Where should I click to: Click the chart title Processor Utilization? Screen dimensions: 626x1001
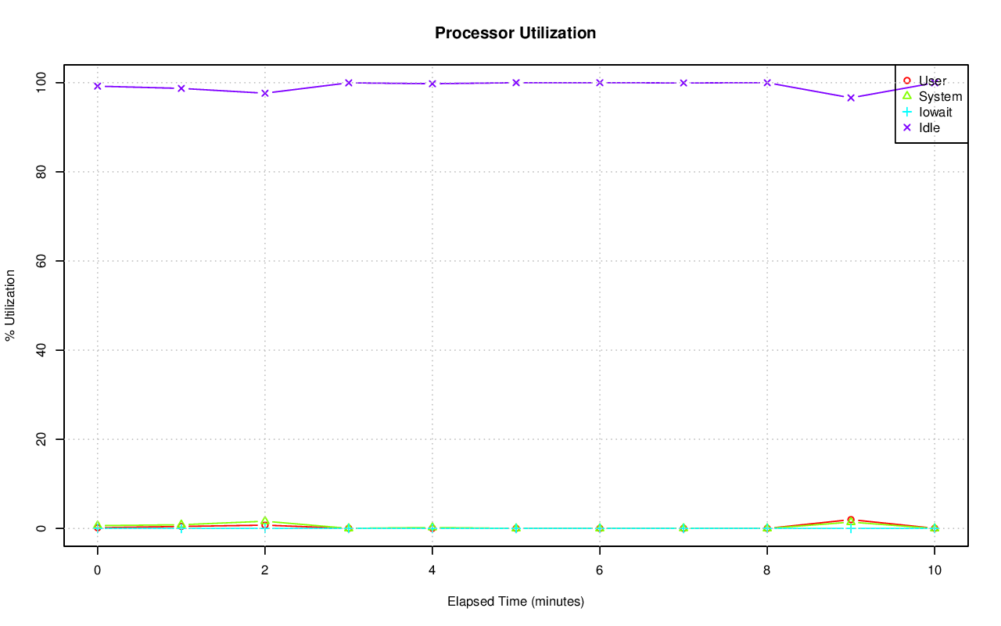(x=515, y=34)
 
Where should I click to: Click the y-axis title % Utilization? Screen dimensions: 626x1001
(x=10, y=305)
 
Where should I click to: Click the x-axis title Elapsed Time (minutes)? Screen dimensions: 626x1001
(x=515, y=602)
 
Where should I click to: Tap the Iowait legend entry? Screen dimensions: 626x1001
(x=935, y=112)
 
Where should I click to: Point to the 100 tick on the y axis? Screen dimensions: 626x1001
(x=44, y=82)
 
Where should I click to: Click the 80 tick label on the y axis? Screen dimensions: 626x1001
(x=44, y=171)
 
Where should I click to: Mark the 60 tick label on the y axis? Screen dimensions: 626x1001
(x=44, y=260)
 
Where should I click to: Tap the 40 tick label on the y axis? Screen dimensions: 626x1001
(x=44, y=350)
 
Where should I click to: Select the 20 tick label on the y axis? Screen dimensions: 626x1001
(x=44, y=439)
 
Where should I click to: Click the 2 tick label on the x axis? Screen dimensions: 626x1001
(x=265, y=571)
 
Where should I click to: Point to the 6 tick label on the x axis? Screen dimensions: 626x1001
(x=600, y=571)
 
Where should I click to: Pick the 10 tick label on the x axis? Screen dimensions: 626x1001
(x=934, y=571)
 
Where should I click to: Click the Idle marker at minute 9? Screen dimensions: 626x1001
(x=851, y=98)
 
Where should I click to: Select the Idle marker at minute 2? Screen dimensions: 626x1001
(x=265, y=93)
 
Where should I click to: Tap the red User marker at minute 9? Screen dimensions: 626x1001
(x=851, y=520)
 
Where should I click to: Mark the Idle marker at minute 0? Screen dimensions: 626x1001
(x=98, y=86)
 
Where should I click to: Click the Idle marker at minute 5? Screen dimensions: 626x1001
(x=516, y=82)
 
